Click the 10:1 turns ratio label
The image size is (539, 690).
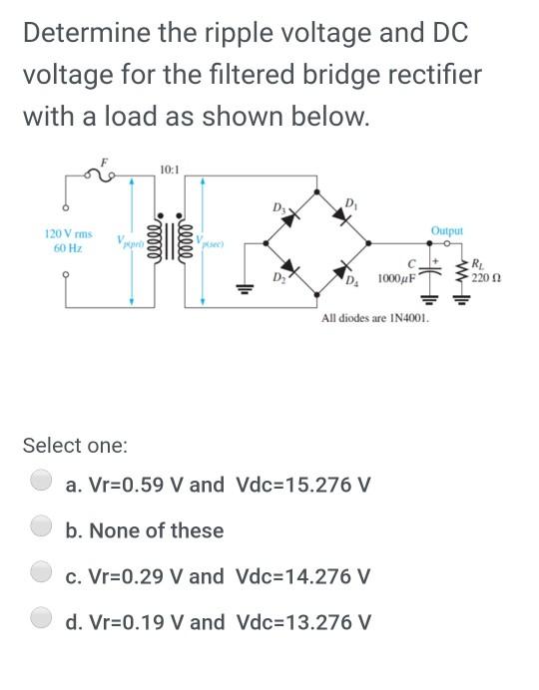tap(169, 171)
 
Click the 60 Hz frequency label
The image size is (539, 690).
tap(66, 246)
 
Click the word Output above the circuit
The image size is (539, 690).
tap(446, 230)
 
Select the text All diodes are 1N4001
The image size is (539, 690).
tap(374, 319)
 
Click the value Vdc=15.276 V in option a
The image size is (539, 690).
tap(303, 485)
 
